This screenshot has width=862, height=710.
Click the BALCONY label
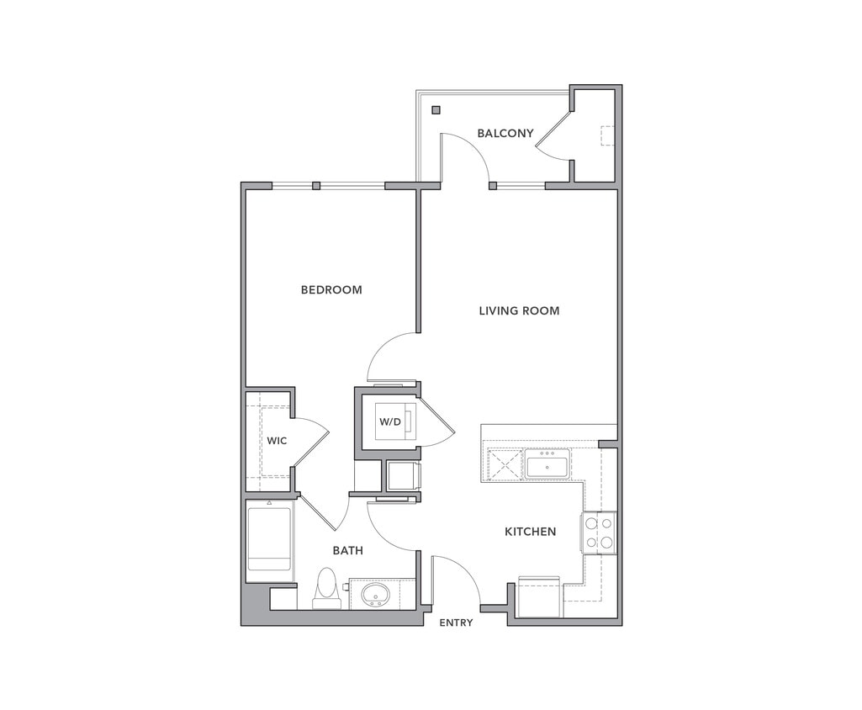pos(505,133)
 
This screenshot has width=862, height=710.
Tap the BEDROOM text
pos(331,289)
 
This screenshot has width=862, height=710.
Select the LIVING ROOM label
pos(519,310)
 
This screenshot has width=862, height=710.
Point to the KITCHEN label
pos(530,532)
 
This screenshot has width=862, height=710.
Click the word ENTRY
pos(456,623)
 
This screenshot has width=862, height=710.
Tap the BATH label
pos(347,551)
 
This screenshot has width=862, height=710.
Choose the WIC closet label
pos(277,441)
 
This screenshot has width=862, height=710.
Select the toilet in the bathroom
pos(326,587)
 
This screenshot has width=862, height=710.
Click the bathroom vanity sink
pos(375,596)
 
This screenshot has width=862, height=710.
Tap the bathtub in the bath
pos(269,539)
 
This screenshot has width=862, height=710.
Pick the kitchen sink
pos(547,464)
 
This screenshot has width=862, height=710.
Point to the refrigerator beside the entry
pos(539,597)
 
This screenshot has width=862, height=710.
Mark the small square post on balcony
pos(436,110)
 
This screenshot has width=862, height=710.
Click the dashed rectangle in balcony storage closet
pos(607,135)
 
